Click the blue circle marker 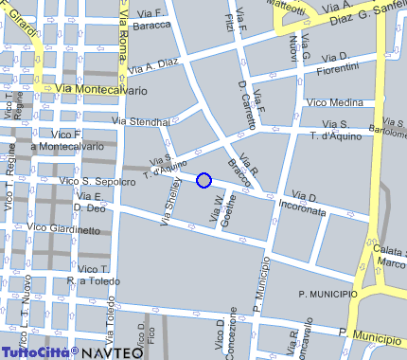click(x=203, y=180)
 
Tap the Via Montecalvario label click(x=102, y=90)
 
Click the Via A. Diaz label click(x=153, y=67)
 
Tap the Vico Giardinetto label click(x=64, y=228)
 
